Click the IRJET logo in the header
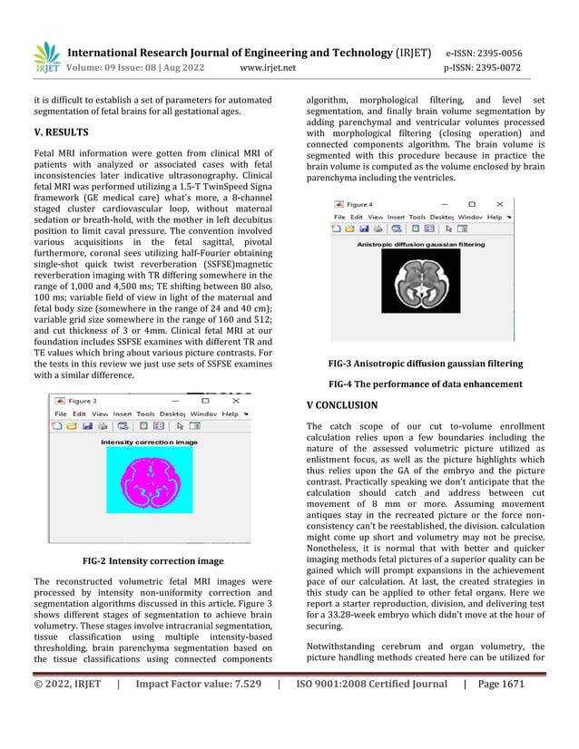coord(46,56)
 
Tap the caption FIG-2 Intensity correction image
coord(152,561)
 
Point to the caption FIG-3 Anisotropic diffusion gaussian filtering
coord(425,364)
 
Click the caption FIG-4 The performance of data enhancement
coord(425,384)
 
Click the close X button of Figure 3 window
coord(236,400)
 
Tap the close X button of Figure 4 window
coord(500,205)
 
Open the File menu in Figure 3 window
coord(59,413)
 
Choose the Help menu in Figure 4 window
coord(495,218)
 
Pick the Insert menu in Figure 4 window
coord(396,218)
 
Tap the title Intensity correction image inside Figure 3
coord(149,442)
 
